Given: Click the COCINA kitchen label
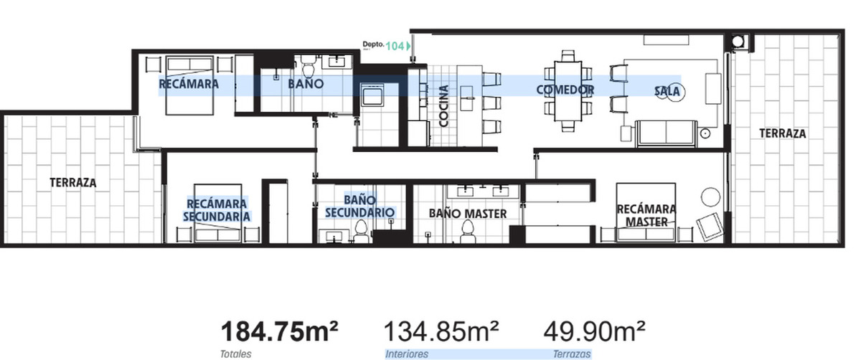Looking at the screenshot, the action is click(x=443, y=106).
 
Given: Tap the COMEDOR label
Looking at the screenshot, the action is click(x=565, y=90).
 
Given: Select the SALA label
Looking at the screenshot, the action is click(x=667, y=92).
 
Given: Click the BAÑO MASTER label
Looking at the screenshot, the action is click(x=467, y=214).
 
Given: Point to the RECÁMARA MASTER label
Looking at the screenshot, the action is click(x=646, y=216).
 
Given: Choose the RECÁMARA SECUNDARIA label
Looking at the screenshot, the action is click(x=217, y=210).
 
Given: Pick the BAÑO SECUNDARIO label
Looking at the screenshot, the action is click(x=359, y=206).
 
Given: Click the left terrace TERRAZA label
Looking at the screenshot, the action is click(x=73, y=182).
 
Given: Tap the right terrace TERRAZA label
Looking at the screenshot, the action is click(x=783, y=133).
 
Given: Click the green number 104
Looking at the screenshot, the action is click(x=395, y=46).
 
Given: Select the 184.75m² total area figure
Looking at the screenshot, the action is click(x=279, y=331).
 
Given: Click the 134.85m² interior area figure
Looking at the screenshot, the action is click(x=441, y=331).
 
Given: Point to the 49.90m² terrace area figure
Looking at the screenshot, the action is click(x=594, y=331).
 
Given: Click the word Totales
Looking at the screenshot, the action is click(x=235, y=354).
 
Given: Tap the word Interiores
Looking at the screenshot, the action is click(x=407, y=354).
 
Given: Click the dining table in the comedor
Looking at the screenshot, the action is click(x=568, y=90).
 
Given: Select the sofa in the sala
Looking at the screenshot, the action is click(x=666, y=133).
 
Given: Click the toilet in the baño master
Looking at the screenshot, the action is click(x=467, y=232).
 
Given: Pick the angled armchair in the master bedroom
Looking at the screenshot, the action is click(x=710, y=227).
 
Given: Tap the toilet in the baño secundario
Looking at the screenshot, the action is click(x=360, y=231).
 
